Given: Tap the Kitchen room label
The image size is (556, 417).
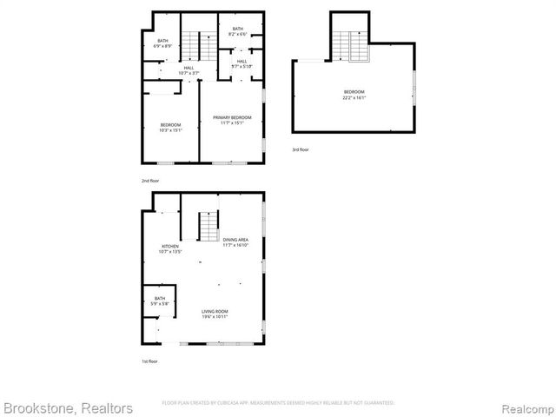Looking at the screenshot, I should [169, 247].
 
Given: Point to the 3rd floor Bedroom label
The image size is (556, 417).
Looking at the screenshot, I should [354, 92].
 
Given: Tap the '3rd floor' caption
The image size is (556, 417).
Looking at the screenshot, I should [300, 149].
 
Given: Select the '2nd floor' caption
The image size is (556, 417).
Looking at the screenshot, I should [150, 180].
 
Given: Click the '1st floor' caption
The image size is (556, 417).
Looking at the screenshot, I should [149, 361].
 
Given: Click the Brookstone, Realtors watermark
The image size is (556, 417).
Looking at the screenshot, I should [68, 407].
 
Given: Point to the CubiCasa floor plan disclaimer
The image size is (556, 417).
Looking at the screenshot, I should [278, 403].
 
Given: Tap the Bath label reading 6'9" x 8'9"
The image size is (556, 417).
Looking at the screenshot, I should [163, 42].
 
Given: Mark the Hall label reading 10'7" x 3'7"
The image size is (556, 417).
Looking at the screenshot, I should [189, 69].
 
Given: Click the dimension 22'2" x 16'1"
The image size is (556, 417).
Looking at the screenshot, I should [354, 97].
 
